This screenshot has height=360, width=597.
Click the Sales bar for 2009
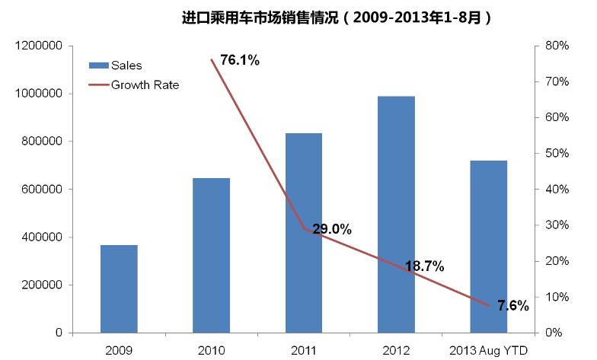point(120,288)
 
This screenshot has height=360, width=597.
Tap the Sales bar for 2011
point(304,233)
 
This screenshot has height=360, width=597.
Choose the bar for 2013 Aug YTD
point(488,247)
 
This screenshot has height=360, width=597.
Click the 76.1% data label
point(239,60)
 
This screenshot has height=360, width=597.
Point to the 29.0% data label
point(331,228)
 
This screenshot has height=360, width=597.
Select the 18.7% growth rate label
point(424,266)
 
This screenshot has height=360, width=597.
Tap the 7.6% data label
point(512,305)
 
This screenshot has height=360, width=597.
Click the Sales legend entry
point(126,65)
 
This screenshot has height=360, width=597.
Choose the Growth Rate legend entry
point(145,84)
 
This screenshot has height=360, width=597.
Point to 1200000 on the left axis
point(37,46)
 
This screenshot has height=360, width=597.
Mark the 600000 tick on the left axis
point(40,190)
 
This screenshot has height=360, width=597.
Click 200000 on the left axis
point(40,285)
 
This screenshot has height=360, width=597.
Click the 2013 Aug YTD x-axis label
point(488,349)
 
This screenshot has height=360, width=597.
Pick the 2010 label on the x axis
point(212,349)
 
